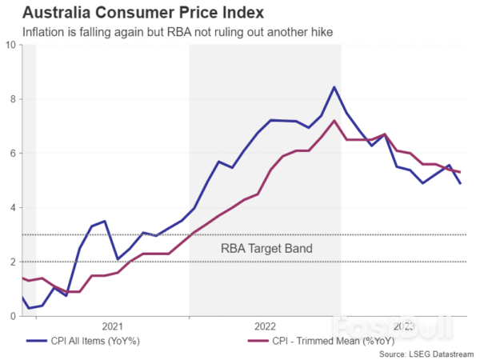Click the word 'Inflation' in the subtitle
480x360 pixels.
coord(45,32)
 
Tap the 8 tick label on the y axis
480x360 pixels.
coord(13,99)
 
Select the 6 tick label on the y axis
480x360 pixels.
coord(13,154)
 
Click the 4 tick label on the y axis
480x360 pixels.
coord(13,208)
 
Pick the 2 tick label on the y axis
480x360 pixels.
coord(13,262)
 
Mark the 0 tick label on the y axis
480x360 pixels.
coord(13,317)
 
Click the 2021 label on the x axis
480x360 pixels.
coord(113,326)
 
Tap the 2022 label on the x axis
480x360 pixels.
coord(266,326)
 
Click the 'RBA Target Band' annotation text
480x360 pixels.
coord(266,249)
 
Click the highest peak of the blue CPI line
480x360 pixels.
coord(334,87)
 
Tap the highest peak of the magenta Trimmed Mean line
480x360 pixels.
coord(334,121)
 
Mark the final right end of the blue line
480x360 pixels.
coord(460,184)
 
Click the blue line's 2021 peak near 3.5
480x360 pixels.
coord(105,221)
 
